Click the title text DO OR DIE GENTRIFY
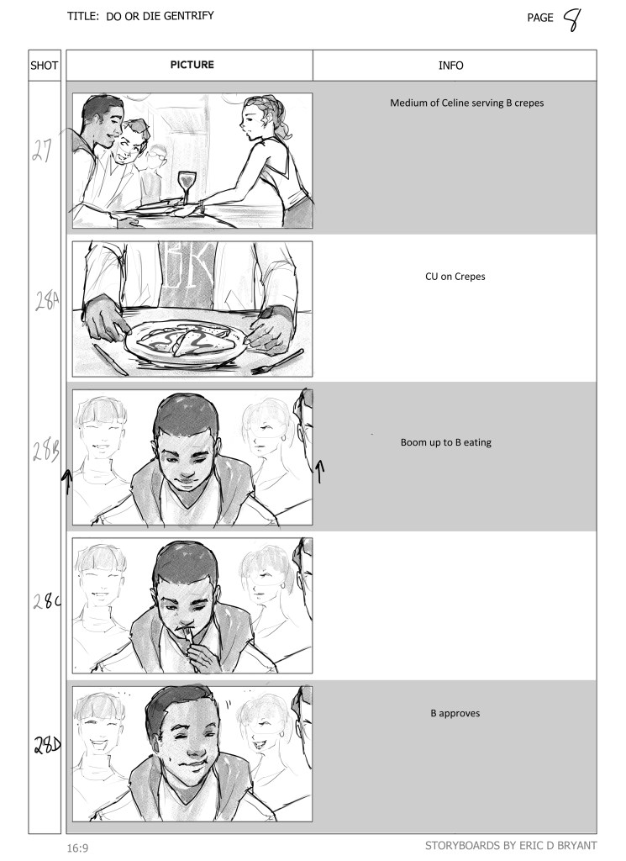click(160, 16)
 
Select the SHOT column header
click(44, 66)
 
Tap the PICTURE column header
click(192, 64)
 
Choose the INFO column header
click(450, 66)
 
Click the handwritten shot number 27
click(42, 150)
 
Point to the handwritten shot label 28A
click(47, 300)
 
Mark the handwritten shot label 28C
click(46, 600)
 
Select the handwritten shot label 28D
click(47, 745)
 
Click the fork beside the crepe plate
click(277, 362)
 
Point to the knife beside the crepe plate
click(110, 360)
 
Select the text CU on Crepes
click(455, 276)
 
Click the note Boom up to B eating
click(445, 442)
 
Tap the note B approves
click(455, 713)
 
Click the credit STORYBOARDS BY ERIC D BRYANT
click(511, 845)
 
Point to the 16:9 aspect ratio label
click(77, 848)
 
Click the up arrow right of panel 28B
click(320, 472)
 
